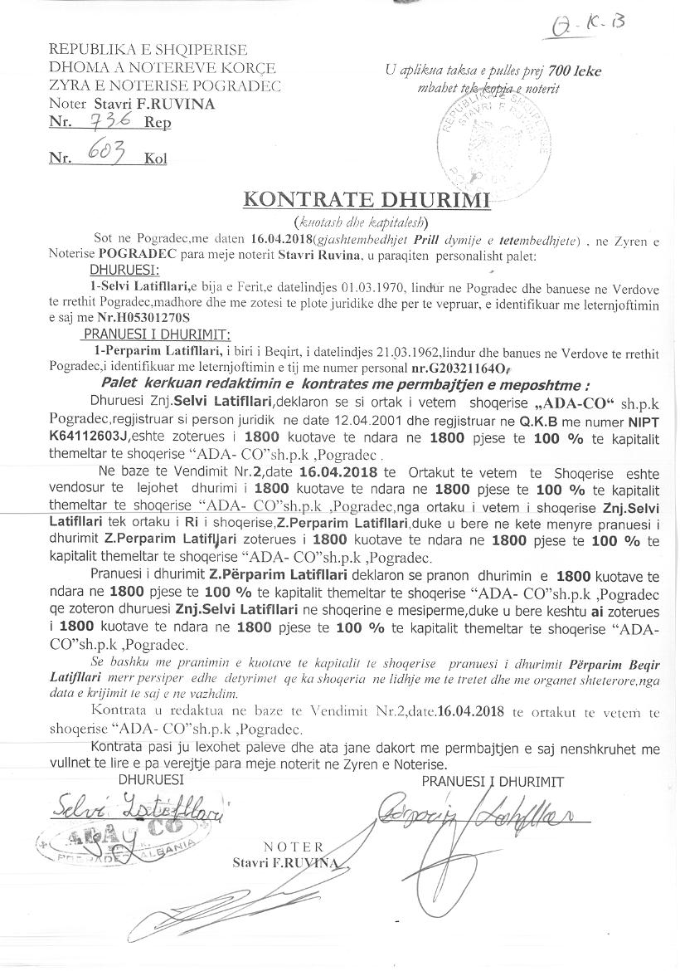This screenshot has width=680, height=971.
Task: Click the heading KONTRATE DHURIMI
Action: pyautogui.click(x=366, y=200)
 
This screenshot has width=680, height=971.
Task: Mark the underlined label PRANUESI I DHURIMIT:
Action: pyautogui.click(x=155, y=334)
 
